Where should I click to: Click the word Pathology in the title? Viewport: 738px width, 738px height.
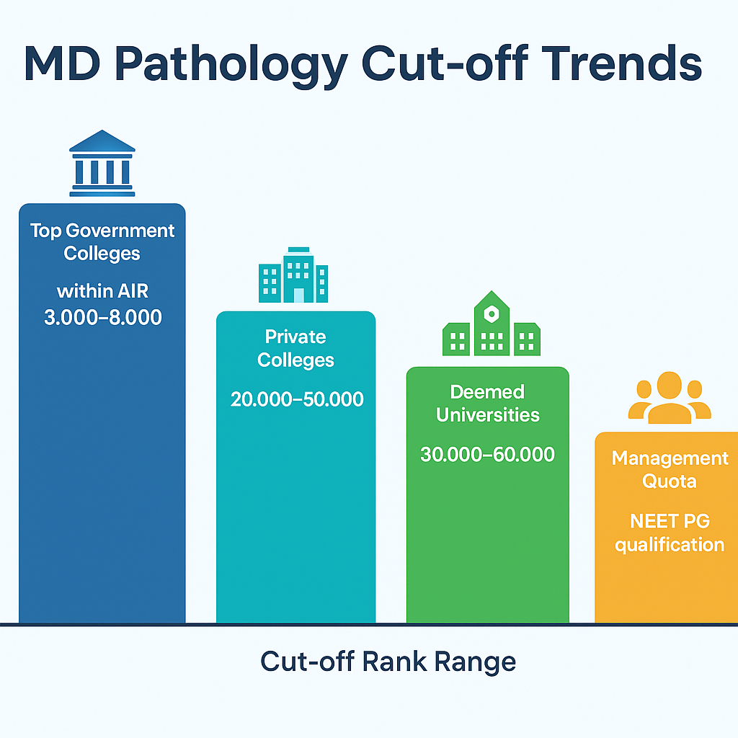[x=237, y=64]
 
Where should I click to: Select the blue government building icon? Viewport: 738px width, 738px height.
[x=102, y=164]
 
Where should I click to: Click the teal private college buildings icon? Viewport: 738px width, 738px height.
[x=293, y=275]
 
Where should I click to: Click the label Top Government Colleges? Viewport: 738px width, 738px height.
[x=102, y=242]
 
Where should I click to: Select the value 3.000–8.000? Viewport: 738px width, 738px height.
[x=103, y=318]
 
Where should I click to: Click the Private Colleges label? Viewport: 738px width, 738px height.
[x=295, y=348]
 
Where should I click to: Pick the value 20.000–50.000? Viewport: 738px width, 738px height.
[x=297, y=399]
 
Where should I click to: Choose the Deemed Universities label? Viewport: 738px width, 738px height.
[x=487, y=404]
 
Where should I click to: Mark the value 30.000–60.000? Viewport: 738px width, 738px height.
[x=487, y=455]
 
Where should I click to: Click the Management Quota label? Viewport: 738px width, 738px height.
[x=670, y=469]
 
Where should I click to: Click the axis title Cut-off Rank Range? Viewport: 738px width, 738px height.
[x=388, y=661]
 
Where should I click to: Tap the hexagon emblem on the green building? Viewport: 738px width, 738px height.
[x=491, y=314]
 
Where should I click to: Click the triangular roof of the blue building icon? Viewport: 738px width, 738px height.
[x=102, y=141]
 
